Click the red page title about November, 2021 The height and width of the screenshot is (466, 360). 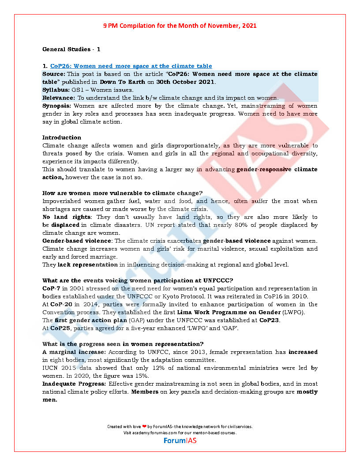(180, 26)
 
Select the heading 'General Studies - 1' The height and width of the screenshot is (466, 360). (71, 49)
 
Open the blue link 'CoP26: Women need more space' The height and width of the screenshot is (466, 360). (131, 66)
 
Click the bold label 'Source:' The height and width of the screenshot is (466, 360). (54, 74)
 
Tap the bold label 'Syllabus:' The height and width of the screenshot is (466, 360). (56, 90)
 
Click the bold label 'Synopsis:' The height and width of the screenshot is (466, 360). (57, 106)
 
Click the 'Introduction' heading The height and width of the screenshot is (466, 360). (62, 138)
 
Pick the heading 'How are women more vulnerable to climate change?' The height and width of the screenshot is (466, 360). (122, 193)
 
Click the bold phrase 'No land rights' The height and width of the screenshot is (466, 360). (67, 217)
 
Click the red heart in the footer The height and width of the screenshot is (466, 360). (144, 427)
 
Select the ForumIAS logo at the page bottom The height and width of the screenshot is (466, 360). (180, 440)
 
